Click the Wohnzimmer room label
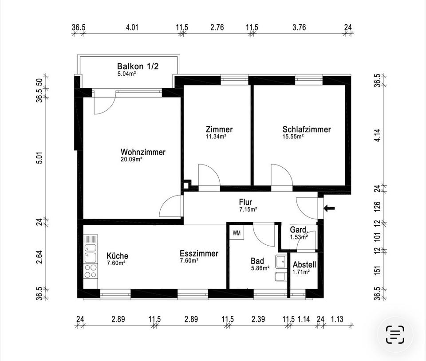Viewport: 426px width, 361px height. point(143,152)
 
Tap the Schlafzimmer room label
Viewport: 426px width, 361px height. point(307,129)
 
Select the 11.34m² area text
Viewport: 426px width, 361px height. point(216,137)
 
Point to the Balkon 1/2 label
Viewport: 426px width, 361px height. point(138,67)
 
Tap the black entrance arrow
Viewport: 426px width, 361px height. point(329,208)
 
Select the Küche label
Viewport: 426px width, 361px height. point(118,256)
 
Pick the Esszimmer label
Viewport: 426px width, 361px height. point(199,254)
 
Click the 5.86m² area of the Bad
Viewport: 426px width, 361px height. point(260,268)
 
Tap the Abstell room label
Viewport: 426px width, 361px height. point(304,265)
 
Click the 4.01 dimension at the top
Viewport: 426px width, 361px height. point(132,27)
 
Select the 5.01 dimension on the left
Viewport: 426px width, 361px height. point(39,158)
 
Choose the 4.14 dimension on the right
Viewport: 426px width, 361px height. point(377,135)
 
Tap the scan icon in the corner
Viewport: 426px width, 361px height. point(395,334)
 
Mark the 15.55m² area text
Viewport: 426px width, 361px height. point(293,137)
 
